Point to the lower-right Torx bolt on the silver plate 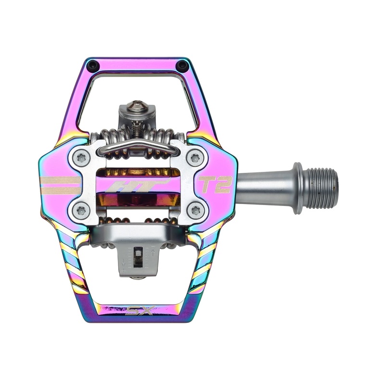[195, 209]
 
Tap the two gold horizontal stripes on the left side [59, 184]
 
